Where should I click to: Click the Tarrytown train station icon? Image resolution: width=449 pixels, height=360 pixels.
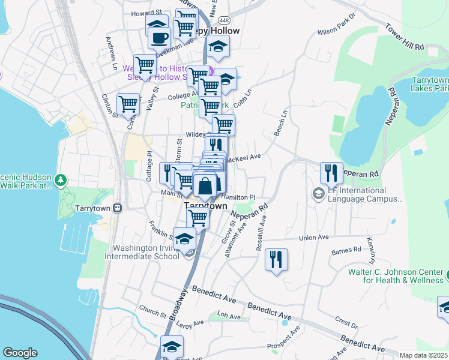point(118,208)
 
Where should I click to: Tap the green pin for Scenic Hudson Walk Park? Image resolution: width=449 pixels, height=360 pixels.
point(59,179)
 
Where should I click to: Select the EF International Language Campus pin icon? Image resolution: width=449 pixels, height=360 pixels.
point(318,194)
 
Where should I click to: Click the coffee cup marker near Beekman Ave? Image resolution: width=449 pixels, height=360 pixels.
point(159,38)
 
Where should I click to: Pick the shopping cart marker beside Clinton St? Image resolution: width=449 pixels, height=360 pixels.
point(128,103)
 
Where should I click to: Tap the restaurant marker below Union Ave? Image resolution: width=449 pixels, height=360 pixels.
point(276,259)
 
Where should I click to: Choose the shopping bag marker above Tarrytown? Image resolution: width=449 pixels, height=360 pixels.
point(205,185)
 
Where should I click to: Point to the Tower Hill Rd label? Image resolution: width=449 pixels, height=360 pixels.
point(405,37)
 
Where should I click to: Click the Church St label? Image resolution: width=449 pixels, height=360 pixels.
point(152,313)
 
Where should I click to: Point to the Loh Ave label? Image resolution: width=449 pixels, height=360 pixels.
point(228,316)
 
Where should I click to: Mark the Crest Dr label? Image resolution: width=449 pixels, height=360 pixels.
point(347,322)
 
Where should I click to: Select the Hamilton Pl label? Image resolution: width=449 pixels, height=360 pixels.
point(238,197)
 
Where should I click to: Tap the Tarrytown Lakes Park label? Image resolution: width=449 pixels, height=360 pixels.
point(429,84)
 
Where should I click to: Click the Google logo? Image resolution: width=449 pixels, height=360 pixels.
point(20,353)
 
